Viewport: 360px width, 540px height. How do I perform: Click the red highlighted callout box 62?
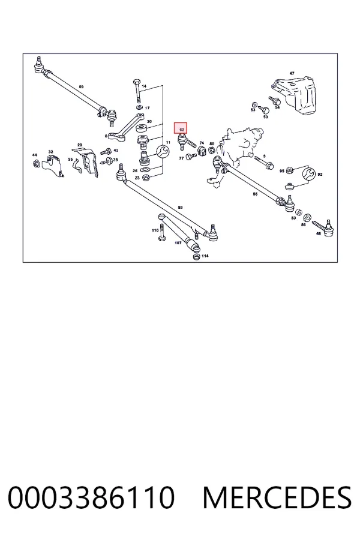pyautogui.click(x=180, y=128)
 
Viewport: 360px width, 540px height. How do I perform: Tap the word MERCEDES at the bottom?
pyautogui.click(x=277, y=498)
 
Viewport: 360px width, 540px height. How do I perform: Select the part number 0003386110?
pyautogui.click(x=91, y=498)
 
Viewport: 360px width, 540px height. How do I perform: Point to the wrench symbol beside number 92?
pyautogui.click(x=308, y=174)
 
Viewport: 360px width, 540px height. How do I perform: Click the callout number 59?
pyautogui.click(x=82, y=87)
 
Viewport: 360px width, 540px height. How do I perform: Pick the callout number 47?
pyautogui.click(x=292, y=73)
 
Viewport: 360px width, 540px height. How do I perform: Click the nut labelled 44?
pyautogui.click(x=35, y=163)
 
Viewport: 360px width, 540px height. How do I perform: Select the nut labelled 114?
pyautogui.click(x=196, y=257)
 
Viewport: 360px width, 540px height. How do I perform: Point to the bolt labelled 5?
pyautogui.click(x=263, y=163)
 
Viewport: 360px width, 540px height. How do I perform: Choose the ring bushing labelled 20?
pyautogui.click(x=141, y=129)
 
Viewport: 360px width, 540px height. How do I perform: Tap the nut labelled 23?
pyautogui.click(x=145, y=178)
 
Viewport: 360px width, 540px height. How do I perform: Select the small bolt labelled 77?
pyautogui.click(x=191, y=157)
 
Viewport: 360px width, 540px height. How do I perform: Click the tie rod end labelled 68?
pyautogui.click(x=323, y=227)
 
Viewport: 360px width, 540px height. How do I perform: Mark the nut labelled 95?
pyautogui.click(x=290, y=170)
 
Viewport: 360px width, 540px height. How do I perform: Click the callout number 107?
pyautogui.click(x=178, y=243)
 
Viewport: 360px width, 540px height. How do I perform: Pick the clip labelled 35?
pyautogui.click(x=77, y=167)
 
